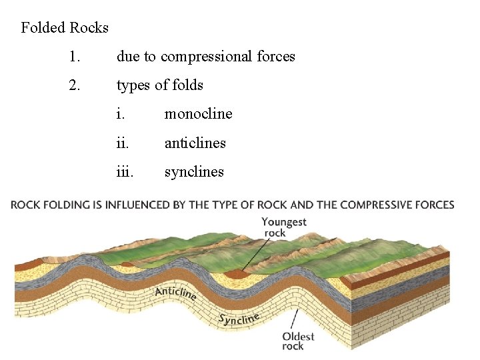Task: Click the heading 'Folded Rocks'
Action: (65, 28)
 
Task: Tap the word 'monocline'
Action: (198, 114)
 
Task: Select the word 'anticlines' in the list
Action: (195, 143)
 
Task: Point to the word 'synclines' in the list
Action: (194, 172)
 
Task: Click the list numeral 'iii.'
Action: (125, 172)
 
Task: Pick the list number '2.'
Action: (74, 85)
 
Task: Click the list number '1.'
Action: (74, 57)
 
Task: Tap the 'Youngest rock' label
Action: (283, 227)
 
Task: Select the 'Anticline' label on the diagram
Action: (175, 293)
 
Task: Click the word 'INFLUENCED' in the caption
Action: (138, 205)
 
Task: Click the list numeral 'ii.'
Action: (123, 143)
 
